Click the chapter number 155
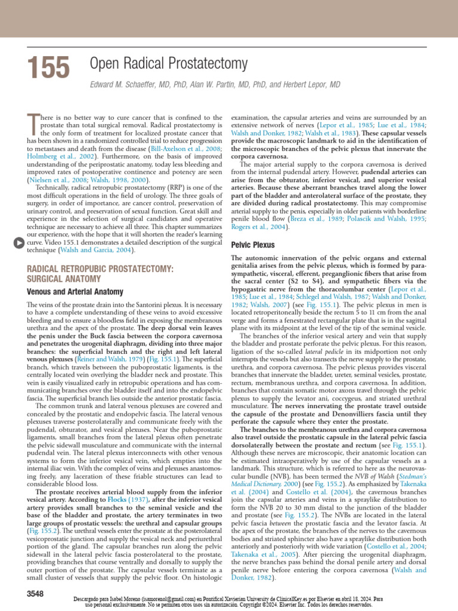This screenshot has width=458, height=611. pos(48,67)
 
